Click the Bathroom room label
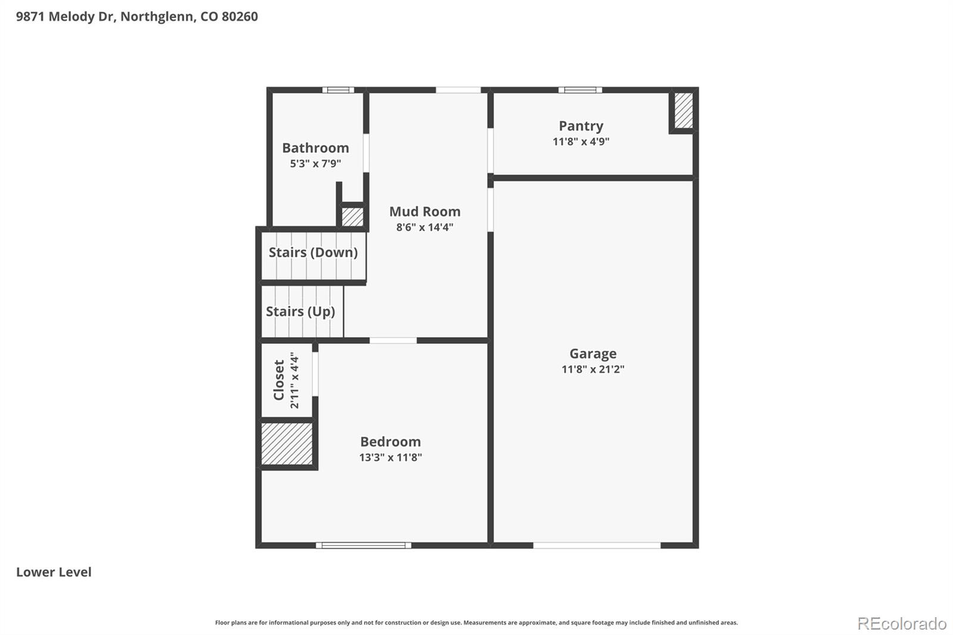point(315,148)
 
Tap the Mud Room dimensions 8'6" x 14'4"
point(425,227)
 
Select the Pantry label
point(581,126)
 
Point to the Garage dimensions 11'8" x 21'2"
point(593,369)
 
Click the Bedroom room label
point(390,441)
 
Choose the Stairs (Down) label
point(313,252)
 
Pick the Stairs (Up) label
point(300,311)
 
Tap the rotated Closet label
point(279,380)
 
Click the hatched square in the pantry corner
point(683,110)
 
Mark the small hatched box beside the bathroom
point(352,216)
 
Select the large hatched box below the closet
point(287,444)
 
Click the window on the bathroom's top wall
point(338,91)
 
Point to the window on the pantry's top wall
point(580,91)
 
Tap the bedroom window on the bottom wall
point(363,545)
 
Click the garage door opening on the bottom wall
point(596,545)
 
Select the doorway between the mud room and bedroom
point(393,341)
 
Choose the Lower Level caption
point(54,572)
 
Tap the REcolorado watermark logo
point(901,623)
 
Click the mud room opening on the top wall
point(458,91)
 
